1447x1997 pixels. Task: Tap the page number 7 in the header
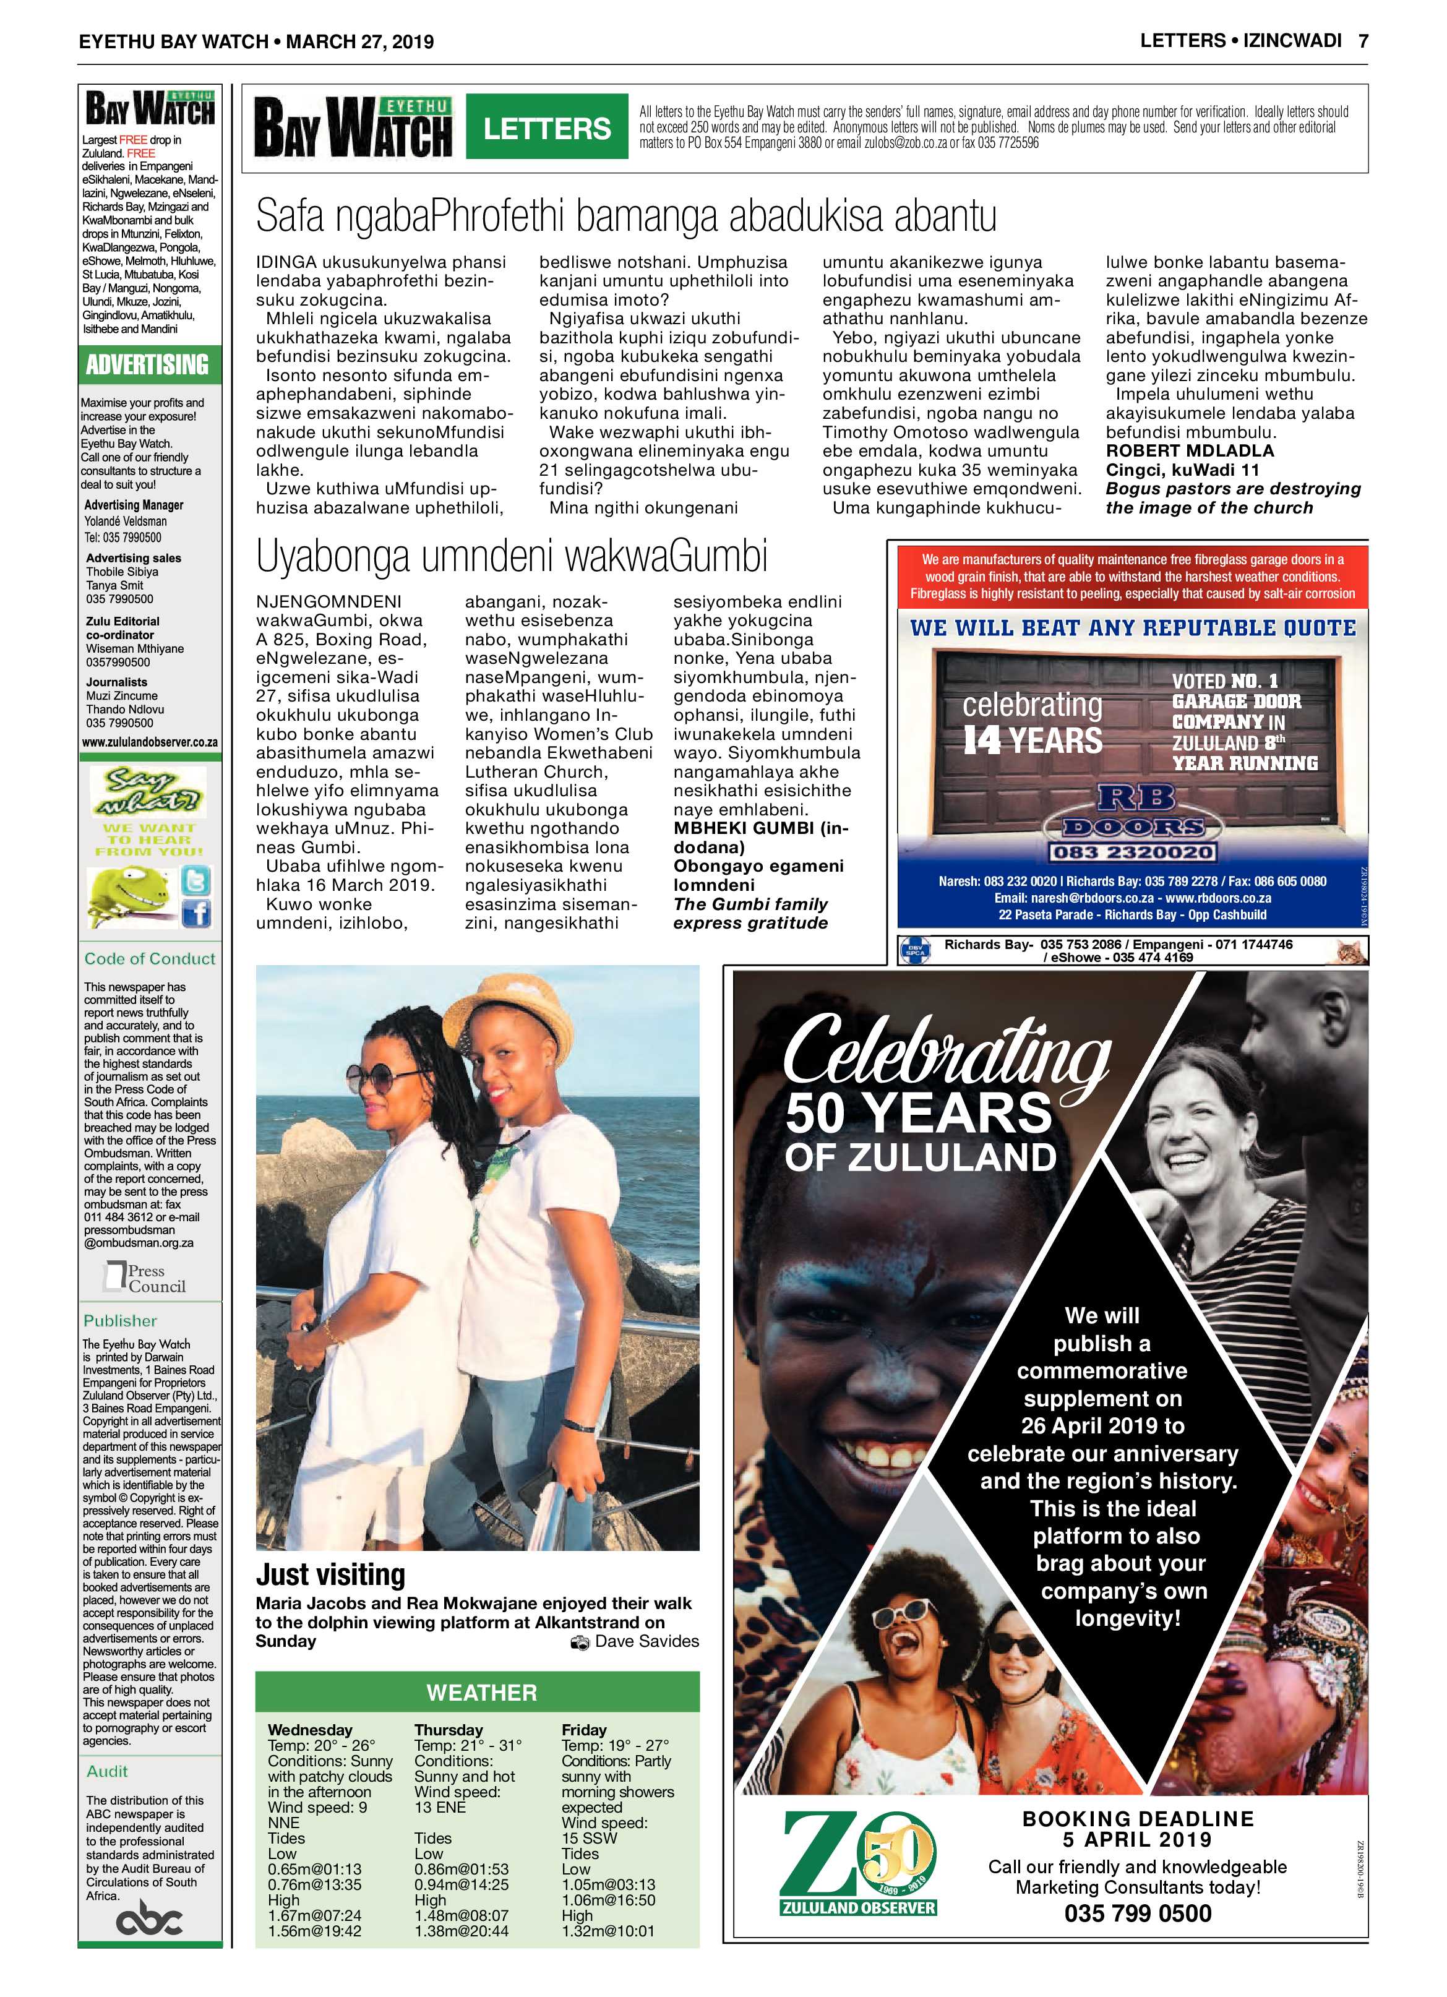pyautogui.click(x=1362, y=40)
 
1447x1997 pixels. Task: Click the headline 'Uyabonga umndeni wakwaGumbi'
pyautogui.click(x=512, y=557)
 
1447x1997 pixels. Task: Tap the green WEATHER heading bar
pyautogui.click(x=481, y=1693)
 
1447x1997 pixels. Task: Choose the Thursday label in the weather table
pyautogui.click(x=449, y=1729)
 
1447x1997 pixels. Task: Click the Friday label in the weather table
pyautogui.click(x=584, y=1729)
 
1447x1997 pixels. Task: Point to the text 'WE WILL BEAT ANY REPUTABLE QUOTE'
pyautogui.click(x=1131, y=628)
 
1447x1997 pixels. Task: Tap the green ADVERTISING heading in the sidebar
pyautogui.click(x=148, y=364)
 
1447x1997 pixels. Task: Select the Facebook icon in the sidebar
pyautogui.click(x=195, y=914)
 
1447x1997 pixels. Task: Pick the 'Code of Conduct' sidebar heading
pyautogui.click(x=149, y=959)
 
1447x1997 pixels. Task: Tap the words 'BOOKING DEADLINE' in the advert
pyautogui.click(x=1137, y=1818)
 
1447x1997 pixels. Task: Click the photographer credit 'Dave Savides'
pyautogui.click(x=646, y=1641)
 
